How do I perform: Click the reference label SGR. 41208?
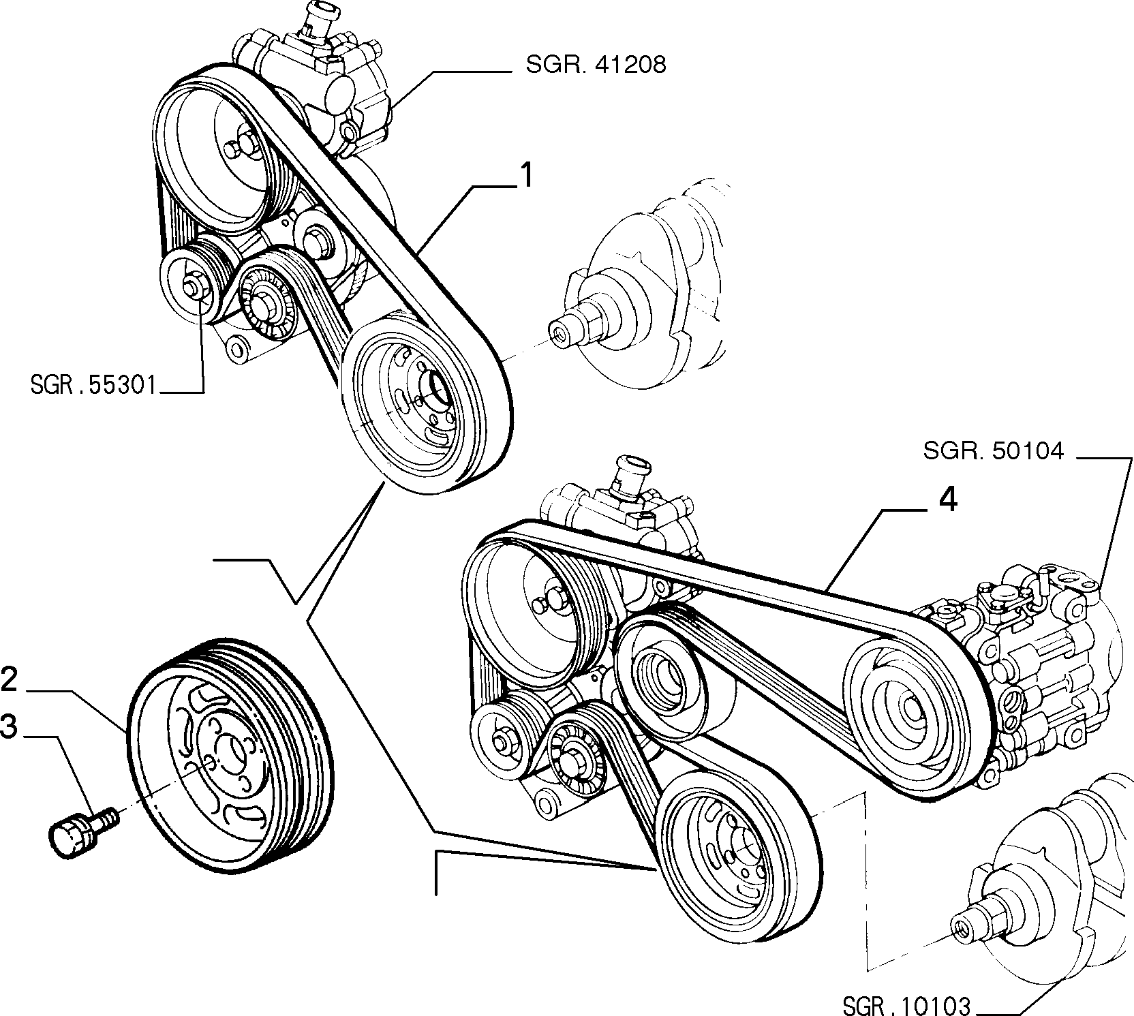tap(596, 65)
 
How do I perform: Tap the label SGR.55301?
tap(93, 386)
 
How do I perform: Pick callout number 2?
tap(9, 680)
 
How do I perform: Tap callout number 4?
tap(948, 501)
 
